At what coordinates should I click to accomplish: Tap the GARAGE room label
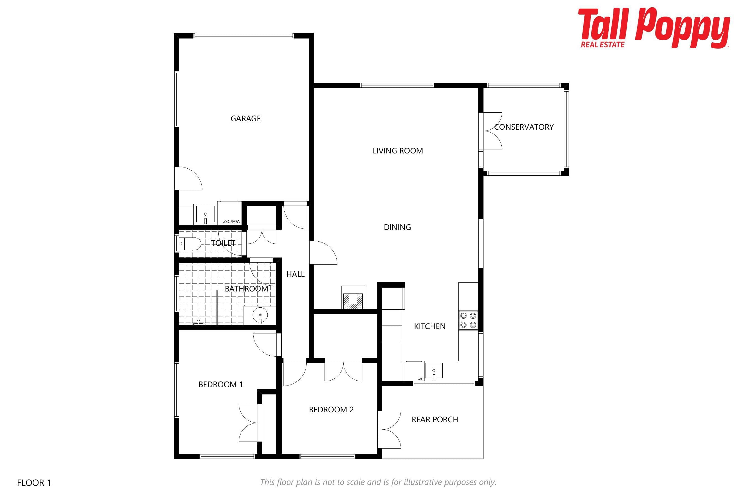pyautogui.click(x=246, y=119)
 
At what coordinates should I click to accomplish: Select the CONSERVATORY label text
pyautogui.click(x=524, y=127)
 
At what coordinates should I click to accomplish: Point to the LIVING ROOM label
pyautogui.click(x=398, y=151)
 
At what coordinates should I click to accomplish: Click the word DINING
pyautogui.click(x=397, y=227)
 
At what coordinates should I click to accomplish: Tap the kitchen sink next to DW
pyautogui.click(x=434, y=371)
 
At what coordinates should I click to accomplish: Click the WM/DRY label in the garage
pyautogui.click(x=232, y=221)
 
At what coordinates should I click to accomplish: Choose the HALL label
pyautogui.click(x=295, y=274)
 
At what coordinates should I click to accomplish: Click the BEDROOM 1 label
pyautogui.click(x=221, y=385)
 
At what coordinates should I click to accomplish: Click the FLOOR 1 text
pyautogui.click(x=34, y=483)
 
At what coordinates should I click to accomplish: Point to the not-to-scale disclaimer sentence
pyautogui.click(x=378, y=482)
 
